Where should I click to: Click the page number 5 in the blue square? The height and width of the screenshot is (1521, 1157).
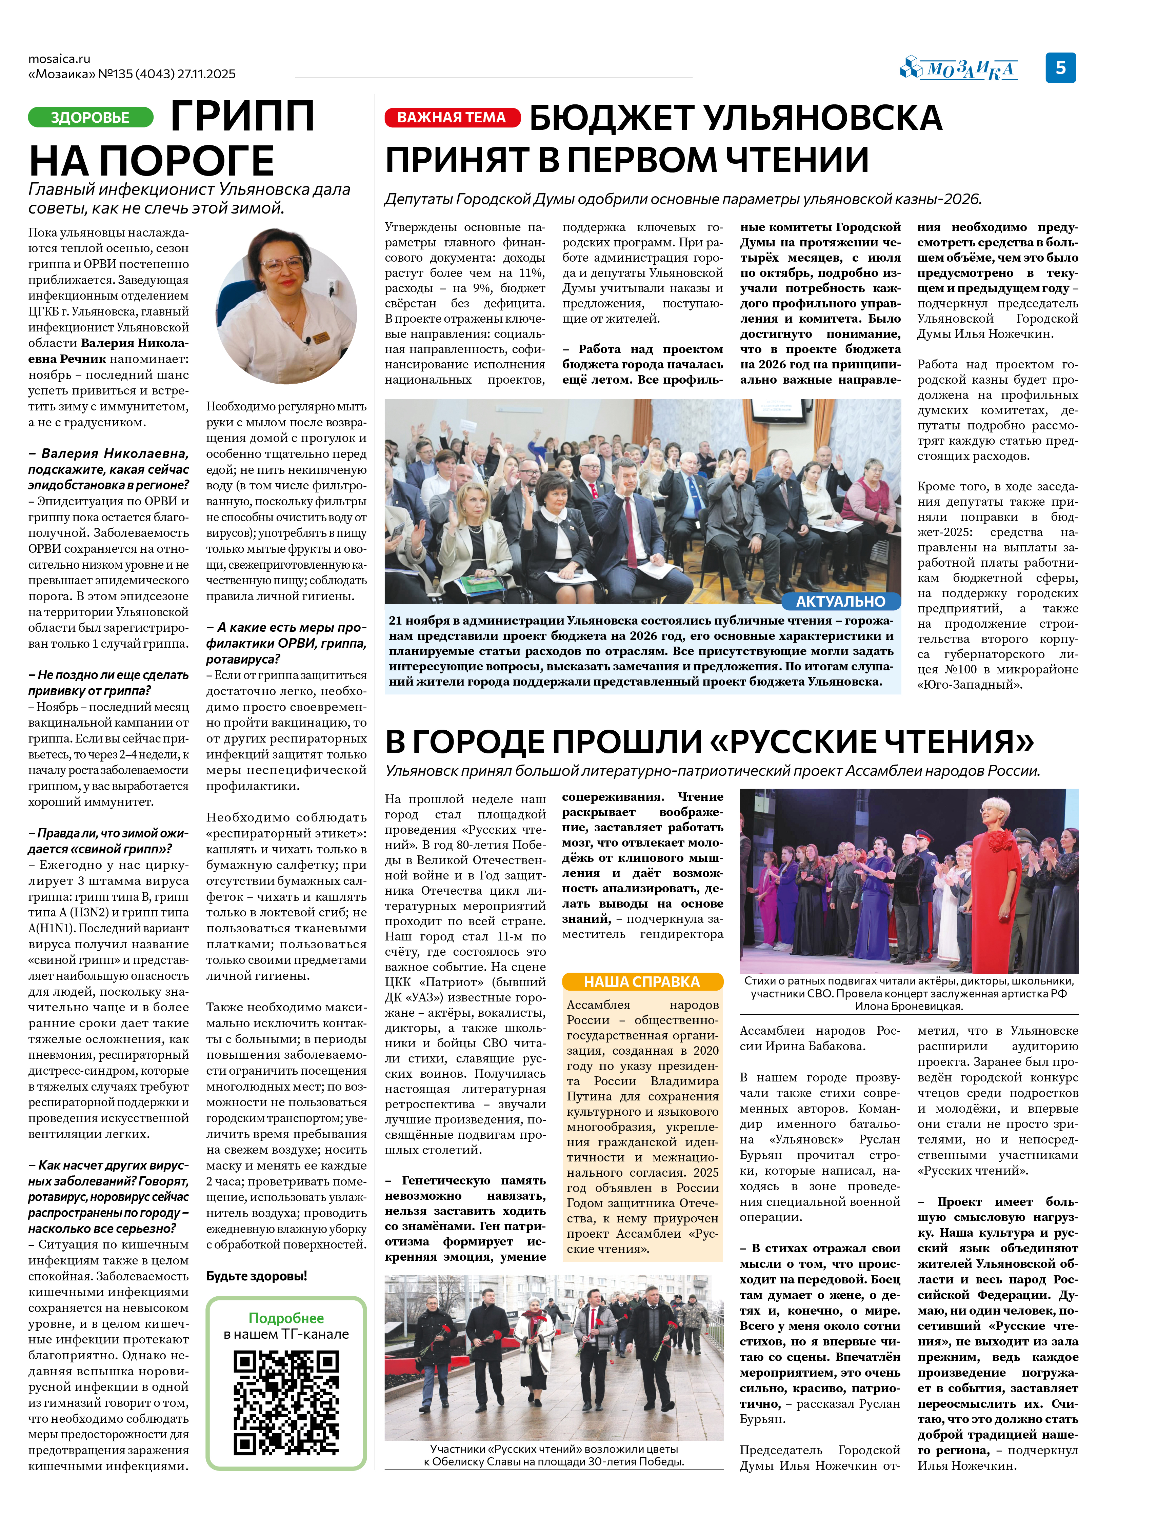point(1060,67)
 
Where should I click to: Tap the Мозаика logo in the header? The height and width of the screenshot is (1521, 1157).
point(959,69)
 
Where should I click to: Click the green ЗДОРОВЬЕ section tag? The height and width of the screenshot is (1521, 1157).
point(90,117)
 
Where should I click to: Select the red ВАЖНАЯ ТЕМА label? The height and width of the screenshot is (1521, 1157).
point(452,117)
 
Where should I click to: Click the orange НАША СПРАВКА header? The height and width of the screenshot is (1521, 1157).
point(642,981)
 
